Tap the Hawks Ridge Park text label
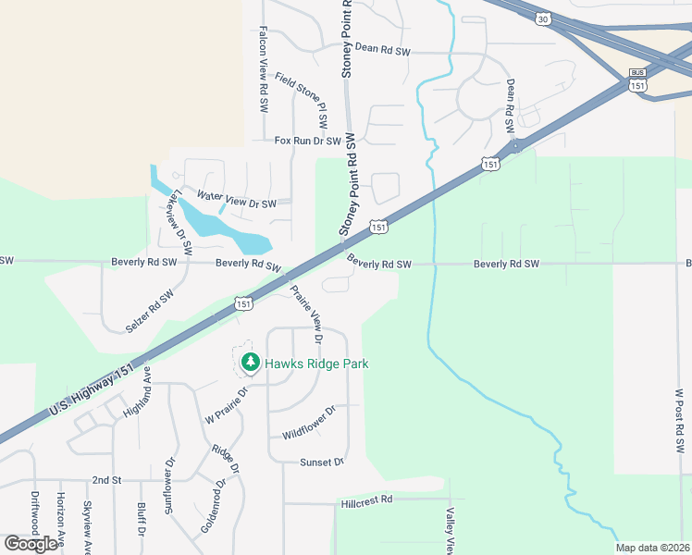pyautogui.click(x=317, y=364)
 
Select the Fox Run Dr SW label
pyautogui.click(x=308, y=141)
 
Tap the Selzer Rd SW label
pyautogui.click(x=150, y=311)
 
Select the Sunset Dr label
pyautogui.click(x=322, y=462)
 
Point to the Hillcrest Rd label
pyautogui.click(x=366, y=499)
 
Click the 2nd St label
pyautogui.click(x=106, y=480)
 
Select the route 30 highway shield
pyautogui.click(x=541, y=18)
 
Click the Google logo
pyautogui.click(x=31, y=544)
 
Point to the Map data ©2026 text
pyautogui.click(x=653, y=548)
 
